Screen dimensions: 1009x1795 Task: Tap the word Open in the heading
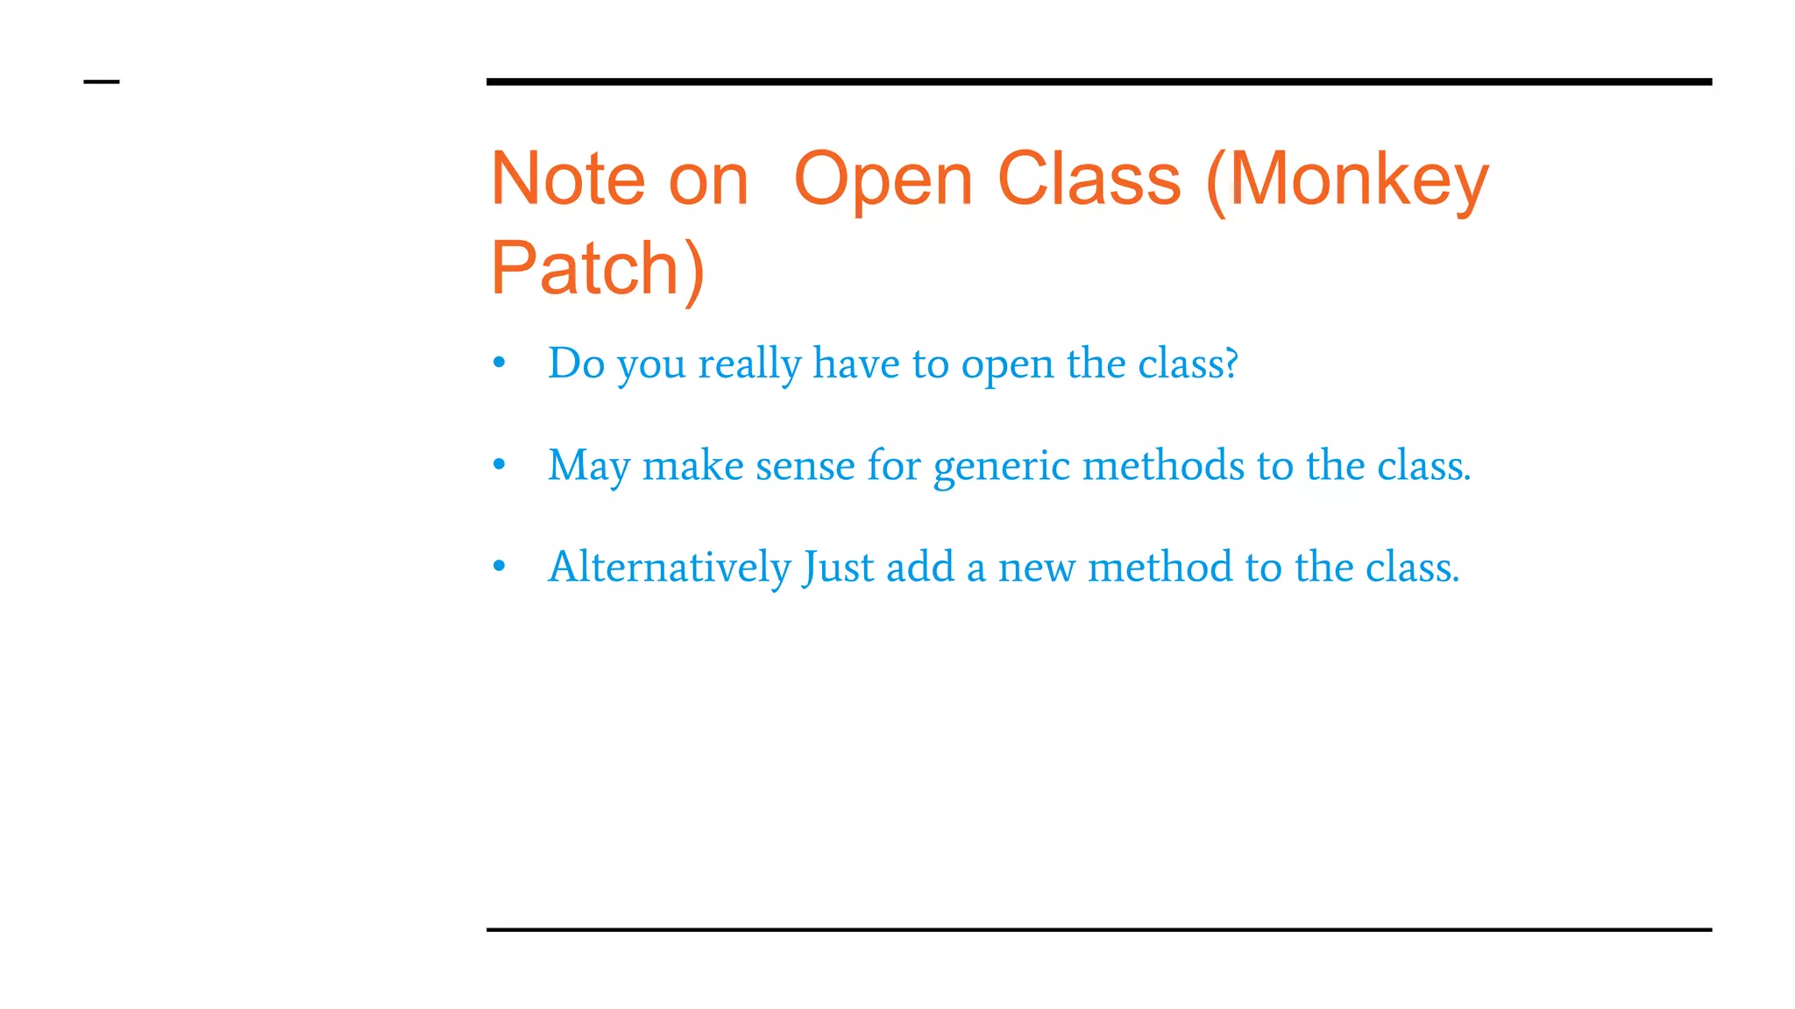883,180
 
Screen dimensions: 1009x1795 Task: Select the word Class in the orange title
1089,180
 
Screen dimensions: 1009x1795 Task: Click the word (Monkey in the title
1347,180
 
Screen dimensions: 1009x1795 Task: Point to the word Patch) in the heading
597,268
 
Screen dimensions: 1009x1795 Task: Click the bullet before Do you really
499,363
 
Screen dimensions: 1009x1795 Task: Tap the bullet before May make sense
499,464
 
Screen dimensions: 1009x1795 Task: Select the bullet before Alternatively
499,567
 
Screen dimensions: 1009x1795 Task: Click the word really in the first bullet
749,364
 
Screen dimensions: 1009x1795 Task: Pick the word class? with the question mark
1188,363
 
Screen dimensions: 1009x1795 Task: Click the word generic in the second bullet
1001,467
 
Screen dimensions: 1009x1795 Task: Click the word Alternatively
670,567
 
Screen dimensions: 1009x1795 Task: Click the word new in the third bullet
1036,568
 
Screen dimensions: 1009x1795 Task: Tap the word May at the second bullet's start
589,466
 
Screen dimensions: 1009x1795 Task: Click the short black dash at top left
102,82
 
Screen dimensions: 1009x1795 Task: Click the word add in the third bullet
920,567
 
